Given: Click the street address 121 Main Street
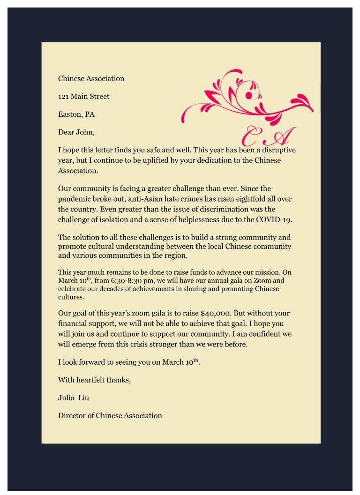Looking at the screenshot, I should point(83,97).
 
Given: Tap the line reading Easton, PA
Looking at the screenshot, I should point(76,114).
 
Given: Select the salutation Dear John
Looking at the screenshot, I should point(76,132).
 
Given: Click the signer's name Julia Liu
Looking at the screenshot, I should point(75,398).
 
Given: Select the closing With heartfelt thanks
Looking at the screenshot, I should point(94,380).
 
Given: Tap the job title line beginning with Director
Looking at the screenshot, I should point(110,415).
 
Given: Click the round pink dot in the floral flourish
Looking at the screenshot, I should point(249,96).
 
